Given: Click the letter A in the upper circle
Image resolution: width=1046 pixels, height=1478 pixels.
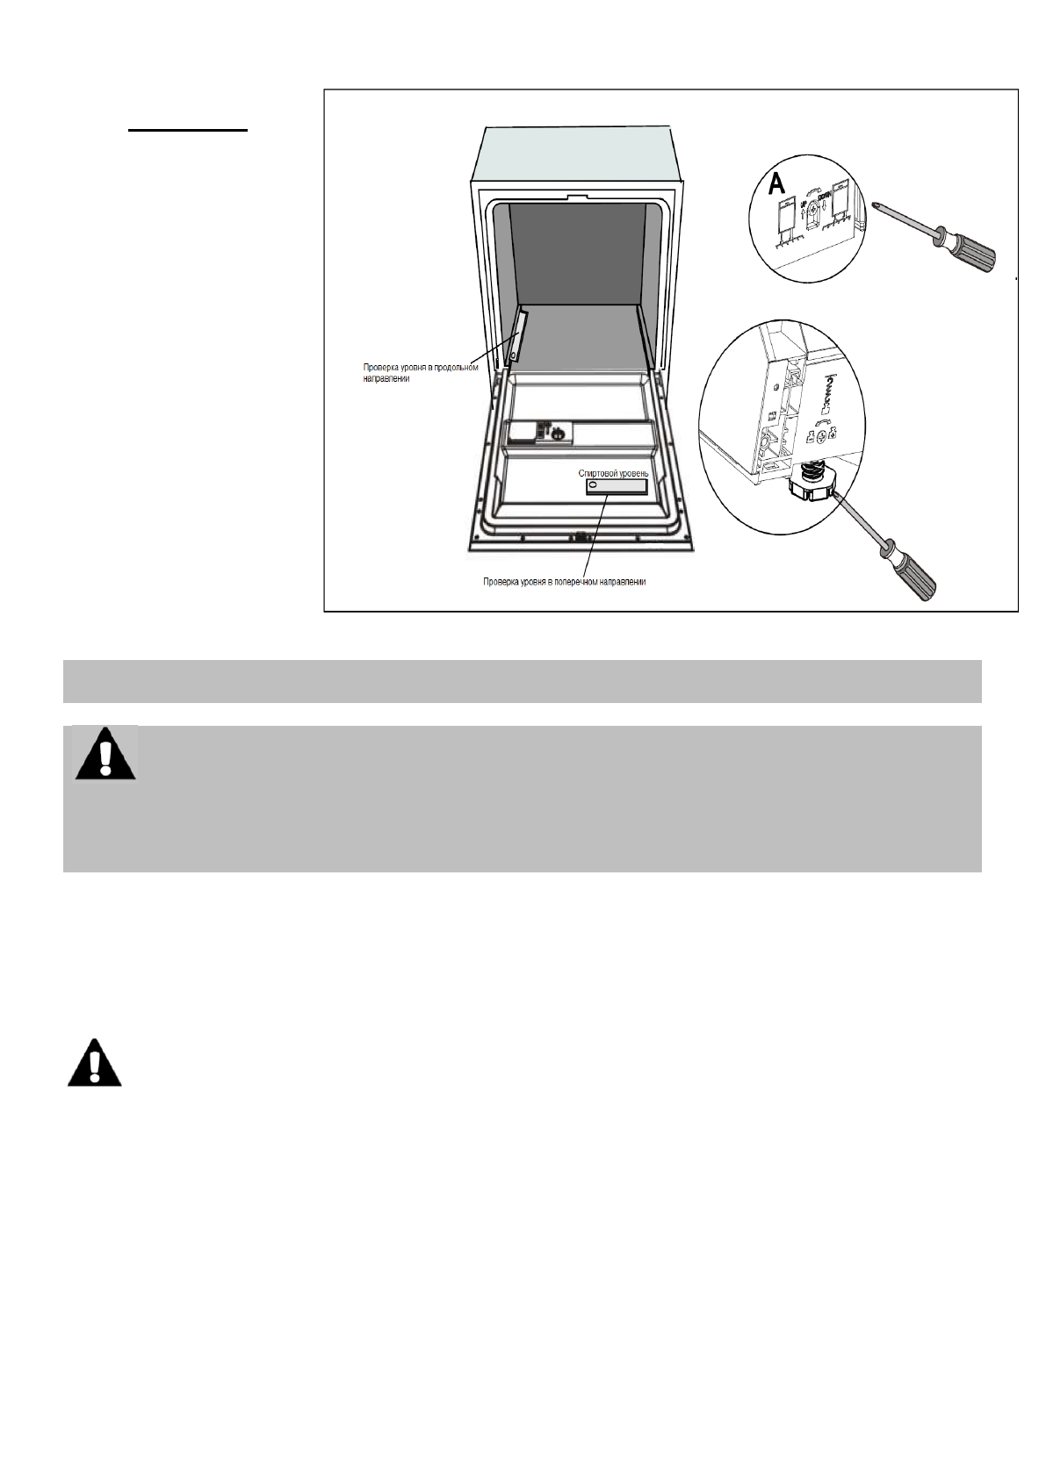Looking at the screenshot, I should pos(776,183).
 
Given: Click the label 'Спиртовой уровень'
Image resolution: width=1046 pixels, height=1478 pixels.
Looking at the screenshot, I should pos(613,474).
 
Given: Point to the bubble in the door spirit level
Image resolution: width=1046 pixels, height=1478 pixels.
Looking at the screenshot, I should pos(592,485).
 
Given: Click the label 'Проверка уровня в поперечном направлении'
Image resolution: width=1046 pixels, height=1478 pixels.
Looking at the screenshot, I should pos(564,582).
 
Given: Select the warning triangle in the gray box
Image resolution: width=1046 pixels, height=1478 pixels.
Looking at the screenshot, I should pos(105,755).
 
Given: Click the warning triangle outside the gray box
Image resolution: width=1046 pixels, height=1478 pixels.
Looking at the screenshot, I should pos(95,1064).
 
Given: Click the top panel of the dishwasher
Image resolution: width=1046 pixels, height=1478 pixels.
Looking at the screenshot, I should pos(577,154).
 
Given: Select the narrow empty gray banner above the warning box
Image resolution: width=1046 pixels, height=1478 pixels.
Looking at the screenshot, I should pos(522,681).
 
